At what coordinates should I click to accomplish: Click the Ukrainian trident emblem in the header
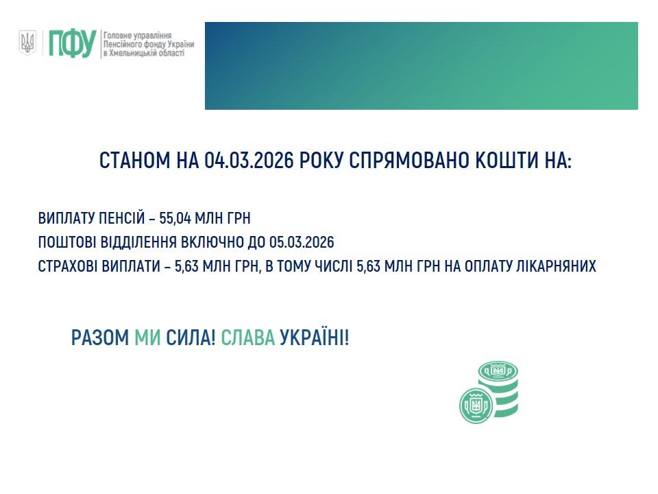click(27, 43)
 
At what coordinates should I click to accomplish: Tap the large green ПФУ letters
click(71, 43)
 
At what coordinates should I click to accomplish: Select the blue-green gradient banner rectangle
click(421, 66)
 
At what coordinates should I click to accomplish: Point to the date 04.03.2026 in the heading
click(249, 161)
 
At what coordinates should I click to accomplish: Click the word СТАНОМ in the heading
click(134, 161)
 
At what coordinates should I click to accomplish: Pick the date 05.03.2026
click(302, 243)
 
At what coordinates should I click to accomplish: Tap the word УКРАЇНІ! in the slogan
click(315, 338)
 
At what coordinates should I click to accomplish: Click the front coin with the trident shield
click(475, 405)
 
